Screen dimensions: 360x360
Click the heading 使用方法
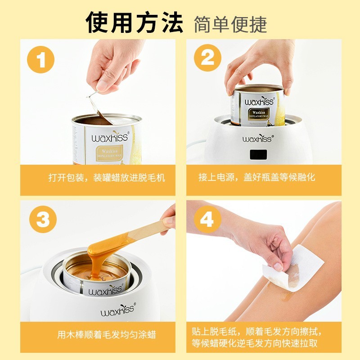pyautogui.click(x=135, y=22)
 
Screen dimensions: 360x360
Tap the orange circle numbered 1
pyautogui.click(x=41, y=60)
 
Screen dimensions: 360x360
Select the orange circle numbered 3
pyautogui.click(x=41, y=220)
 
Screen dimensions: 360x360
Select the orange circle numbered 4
pyautogui.click(x=207, y=220)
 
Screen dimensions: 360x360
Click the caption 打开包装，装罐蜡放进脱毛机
pyautogui.click(x=107, y=177)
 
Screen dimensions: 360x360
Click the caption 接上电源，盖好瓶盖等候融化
pyautogui.click(x=257, y=177)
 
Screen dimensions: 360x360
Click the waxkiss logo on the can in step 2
pyautogui.click(x=259, y=101)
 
